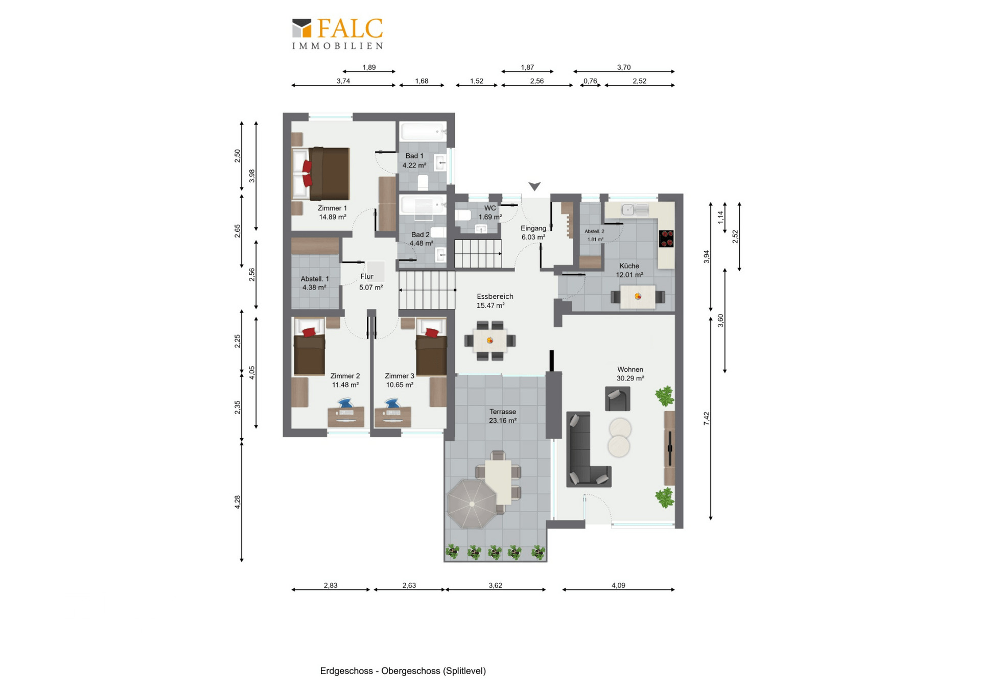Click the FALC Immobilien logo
[337, 34]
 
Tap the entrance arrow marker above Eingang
[534, 186]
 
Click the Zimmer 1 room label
[332, 208]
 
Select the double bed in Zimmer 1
[321, 174]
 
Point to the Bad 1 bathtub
[423, 131]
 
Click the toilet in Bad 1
[423, 182]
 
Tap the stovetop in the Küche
[666, 238]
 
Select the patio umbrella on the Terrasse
[472, 504]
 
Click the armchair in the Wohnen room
[617, 398]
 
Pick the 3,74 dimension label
[343, 81]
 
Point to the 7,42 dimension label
[707, 419]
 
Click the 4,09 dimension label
[618, 585]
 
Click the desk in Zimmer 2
[346, 416]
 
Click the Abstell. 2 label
[594, 231]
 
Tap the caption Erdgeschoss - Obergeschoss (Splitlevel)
[403, 671]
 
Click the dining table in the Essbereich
[490, 341]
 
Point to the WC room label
[490, 208]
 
